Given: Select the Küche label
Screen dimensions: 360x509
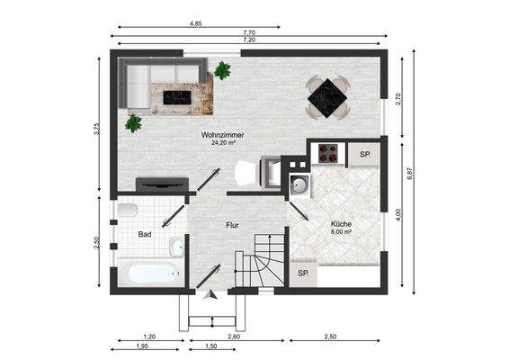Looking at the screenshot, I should (x=341, y=223).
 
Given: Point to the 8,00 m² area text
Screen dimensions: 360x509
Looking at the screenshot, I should (x=341, y=231).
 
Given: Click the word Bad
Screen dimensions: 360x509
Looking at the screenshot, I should (x=144, y=234).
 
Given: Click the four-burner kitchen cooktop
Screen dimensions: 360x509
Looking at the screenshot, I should (x=328, y=154).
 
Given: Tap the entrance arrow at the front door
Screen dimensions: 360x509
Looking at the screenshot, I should (x=211, y=294).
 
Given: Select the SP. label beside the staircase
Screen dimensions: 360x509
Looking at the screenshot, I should (x=303, y=273).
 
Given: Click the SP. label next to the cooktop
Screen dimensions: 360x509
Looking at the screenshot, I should (x=365, y=154).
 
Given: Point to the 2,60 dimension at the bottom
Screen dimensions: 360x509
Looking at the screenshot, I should (x=234, y=336).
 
